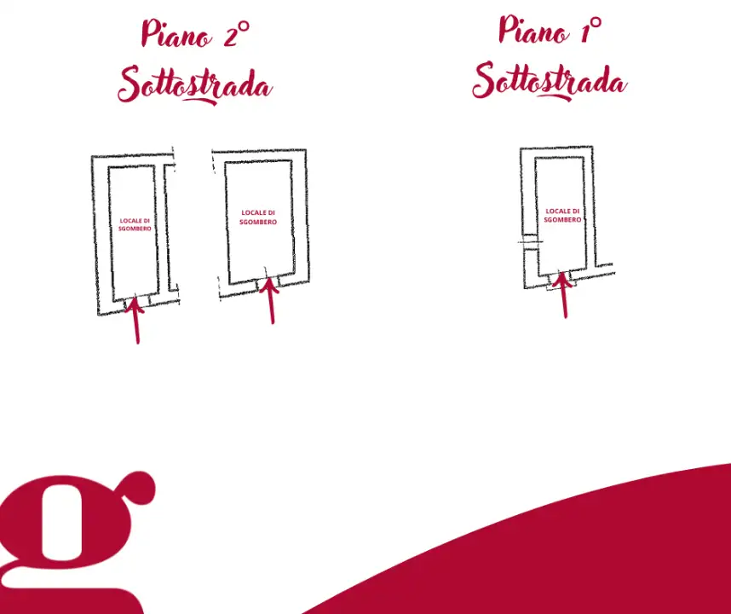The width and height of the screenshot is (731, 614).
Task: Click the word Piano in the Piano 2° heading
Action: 176,33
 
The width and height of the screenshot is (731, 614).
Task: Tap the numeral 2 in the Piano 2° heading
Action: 231,37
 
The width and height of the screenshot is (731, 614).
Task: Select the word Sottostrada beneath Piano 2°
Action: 195,85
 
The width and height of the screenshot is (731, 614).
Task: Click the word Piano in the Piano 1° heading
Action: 534,30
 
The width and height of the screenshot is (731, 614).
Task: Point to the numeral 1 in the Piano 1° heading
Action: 585,32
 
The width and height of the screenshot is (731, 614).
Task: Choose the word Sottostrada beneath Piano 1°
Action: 550,81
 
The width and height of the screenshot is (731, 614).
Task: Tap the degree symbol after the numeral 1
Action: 596,22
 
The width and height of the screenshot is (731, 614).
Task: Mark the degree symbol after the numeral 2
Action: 244,26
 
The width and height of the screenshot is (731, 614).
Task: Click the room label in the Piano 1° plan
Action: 562,215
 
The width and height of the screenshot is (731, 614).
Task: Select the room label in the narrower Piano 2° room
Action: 135,225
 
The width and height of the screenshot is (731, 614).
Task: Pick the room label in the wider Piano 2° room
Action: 258,217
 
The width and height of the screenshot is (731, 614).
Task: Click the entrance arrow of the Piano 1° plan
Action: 564,295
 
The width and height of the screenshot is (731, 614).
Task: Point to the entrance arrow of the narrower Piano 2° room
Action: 135,321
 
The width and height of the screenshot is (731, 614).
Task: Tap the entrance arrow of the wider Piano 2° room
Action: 270,300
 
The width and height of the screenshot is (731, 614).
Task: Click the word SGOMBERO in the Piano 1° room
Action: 562,220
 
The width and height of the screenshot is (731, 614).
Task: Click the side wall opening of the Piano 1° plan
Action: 530,241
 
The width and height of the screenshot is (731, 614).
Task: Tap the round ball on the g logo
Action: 139,488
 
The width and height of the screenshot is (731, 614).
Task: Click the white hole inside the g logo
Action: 62,522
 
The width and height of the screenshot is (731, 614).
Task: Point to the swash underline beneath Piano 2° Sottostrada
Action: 199,100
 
